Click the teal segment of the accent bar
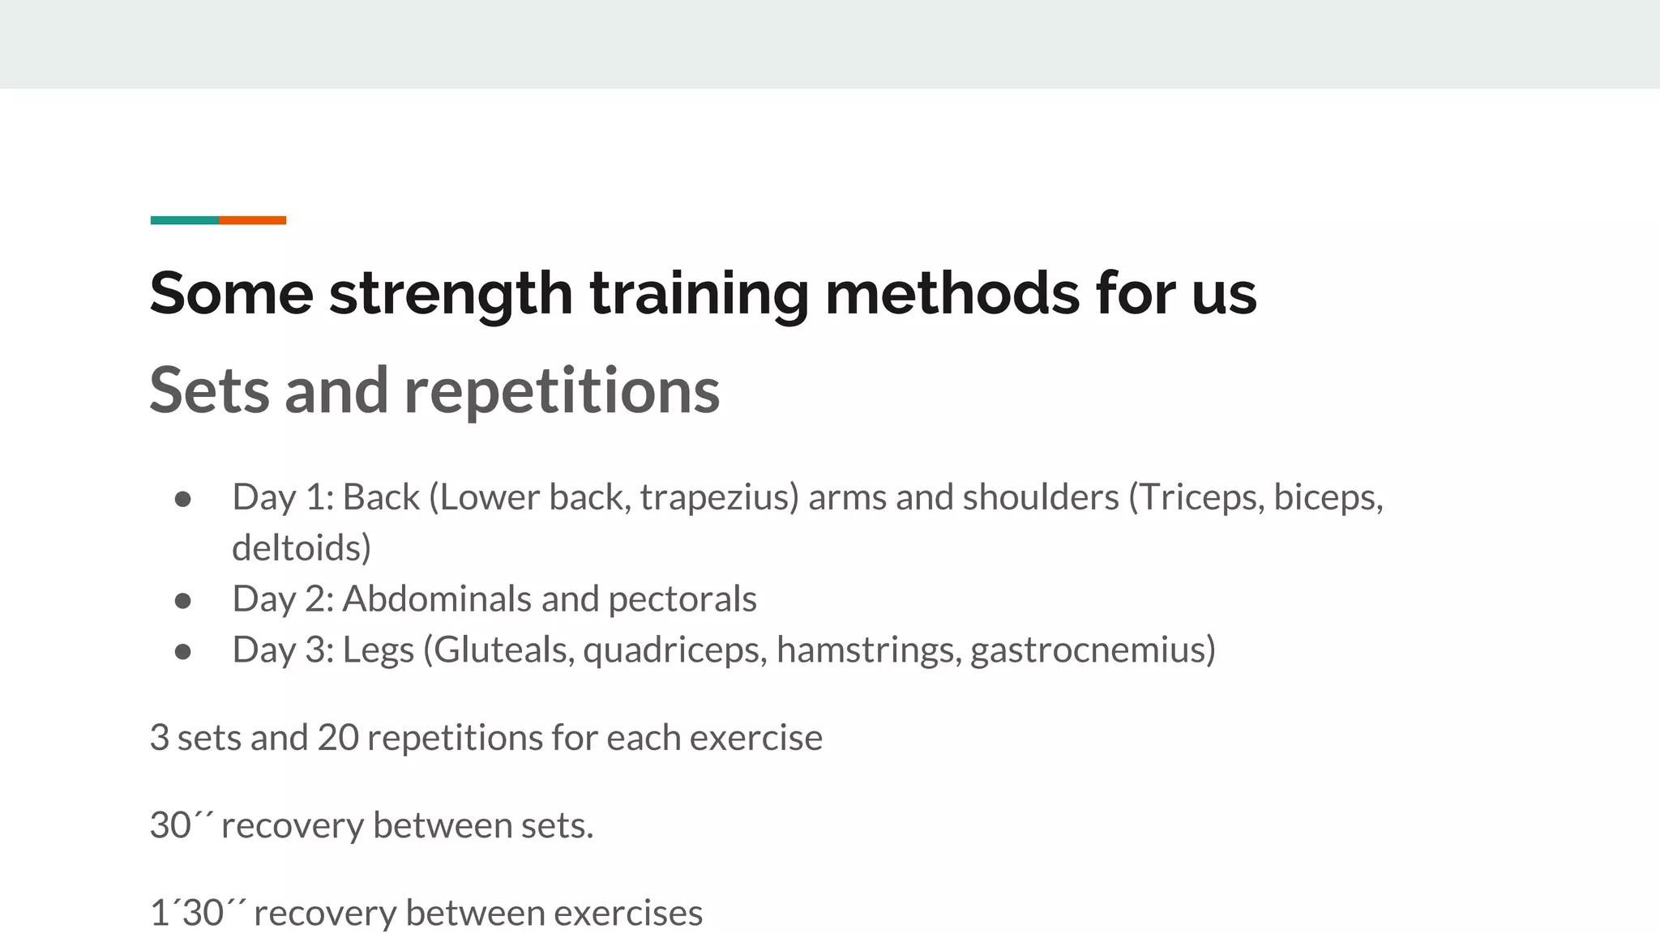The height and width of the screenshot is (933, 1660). click(x=184, y=220)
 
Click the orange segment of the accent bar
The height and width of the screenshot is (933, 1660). click(x=252, y=220)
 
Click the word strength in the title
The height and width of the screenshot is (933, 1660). click(x=451, y=293)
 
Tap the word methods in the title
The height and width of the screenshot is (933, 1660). click(x=952, y=293)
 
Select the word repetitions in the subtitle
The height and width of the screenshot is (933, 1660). click(x=562, y=390)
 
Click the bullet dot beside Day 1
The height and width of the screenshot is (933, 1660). click(x=183, y=499)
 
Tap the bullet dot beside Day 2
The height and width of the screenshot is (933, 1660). click(x=183, y=601)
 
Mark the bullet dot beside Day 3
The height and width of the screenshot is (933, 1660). click(x=183, y=651)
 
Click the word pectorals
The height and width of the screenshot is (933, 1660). click(x=682, y=599)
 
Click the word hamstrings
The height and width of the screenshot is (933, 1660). click(x=868, y=650)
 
